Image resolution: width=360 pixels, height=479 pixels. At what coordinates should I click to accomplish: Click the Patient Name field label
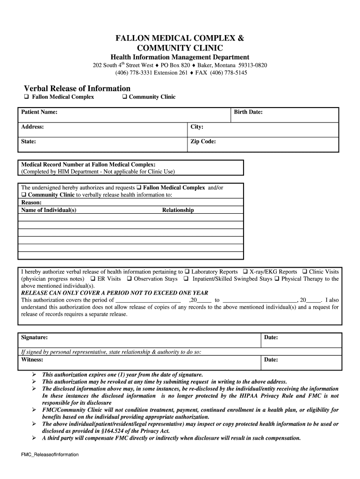(39, 112)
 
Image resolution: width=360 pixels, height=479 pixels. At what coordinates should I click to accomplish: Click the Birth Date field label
(248, 112)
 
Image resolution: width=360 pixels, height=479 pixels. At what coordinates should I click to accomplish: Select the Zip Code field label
(203, 141)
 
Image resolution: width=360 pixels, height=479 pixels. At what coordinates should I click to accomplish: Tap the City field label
(197, 127)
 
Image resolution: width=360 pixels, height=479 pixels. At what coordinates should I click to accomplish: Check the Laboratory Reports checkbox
(187, 272)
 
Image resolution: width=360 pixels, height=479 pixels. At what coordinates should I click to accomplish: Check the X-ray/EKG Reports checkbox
(245, 272)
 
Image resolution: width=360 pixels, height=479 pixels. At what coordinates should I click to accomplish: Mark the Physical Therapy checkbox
(277, 279)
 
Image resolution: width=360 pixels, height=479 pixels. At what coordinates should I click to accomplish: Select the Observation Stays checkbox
(129, 279)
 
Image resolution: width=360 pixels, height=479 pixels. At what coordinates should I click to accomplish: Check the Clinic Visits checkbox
(304, 272)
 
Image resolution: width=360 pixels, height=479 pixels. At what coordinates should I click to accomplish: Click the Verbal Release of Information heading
(77, 88)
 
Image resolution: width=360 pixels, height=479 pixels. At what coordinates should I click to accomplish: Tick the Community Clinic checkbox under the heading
(125, 97)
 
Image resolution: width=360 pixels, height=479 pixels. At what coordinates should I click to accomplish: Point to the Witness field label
(32, 360)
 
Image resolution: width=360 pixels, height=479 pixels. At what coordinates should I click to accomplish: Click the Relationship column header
(178, 210)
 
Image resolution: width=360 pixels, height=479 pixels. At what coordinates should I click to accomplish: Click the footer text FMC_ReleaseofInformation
(50, 454)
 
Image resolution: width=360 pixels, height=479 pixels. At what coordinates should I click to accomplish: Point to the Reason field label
(31, 203)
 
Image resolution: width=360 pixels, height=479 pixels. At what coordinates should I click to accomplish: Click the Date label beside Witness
(271, 360)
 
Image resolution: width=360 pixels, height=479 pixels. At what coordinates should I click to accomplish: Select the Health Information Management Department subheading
(180, 57)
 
